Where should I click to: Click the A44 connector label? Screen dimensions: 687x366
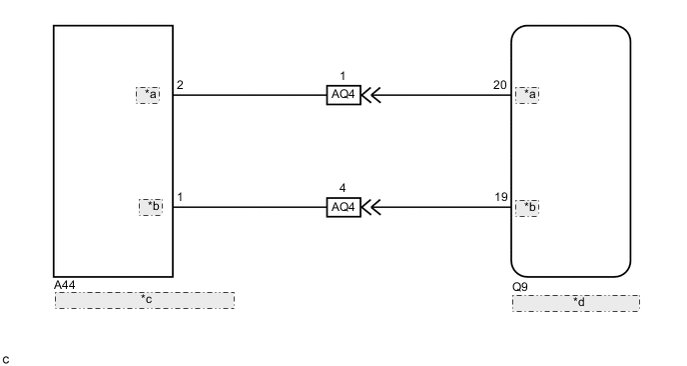[x=65, y=285]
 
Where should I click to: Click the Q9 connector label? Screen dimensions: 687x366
[x=519, y=286]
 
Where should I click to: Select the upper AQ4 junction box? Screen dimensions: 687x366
[x=343, y=96]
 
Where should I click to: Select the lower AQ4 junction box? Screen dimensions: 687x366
[x=343, y=207]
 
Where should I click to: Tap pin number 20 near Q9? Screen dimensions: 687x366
[x=500, y=85]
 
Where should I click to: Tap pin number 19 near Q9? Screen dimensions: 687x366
[x=500, y=197]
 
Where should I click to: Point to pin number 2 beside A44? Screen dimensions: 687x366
[x=180, y=85]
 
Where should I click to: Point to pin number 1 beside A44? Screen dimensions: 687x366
[x=180, y=197]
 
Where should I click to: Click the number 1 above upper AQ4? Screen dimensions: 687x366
[x=343, y=76]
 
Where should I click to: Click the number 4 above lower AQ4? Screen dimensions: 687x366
[x=343, y=187]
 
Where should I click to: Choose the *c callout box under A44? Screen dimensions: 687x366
[x=145, y=300]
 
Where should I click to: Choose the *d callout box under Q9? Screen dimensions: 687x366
[x=576, y=303]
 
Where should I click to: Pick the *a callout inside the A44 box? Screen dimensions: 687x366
[x=148, y=95]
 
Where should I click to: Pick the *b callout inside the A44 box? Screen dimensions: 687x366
[x=150, y=207]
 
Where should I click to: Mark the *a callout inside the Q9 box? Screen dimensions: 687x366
[x=527, y=95]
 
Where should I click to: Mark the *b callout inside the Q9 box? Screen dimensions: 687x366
[x=527, y=207]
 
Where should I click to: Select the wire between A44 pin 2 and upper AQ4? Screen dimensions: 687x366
[x=250, y=96]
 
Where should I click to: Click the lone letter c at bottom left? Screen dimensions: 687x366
[x=6, y=355]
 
